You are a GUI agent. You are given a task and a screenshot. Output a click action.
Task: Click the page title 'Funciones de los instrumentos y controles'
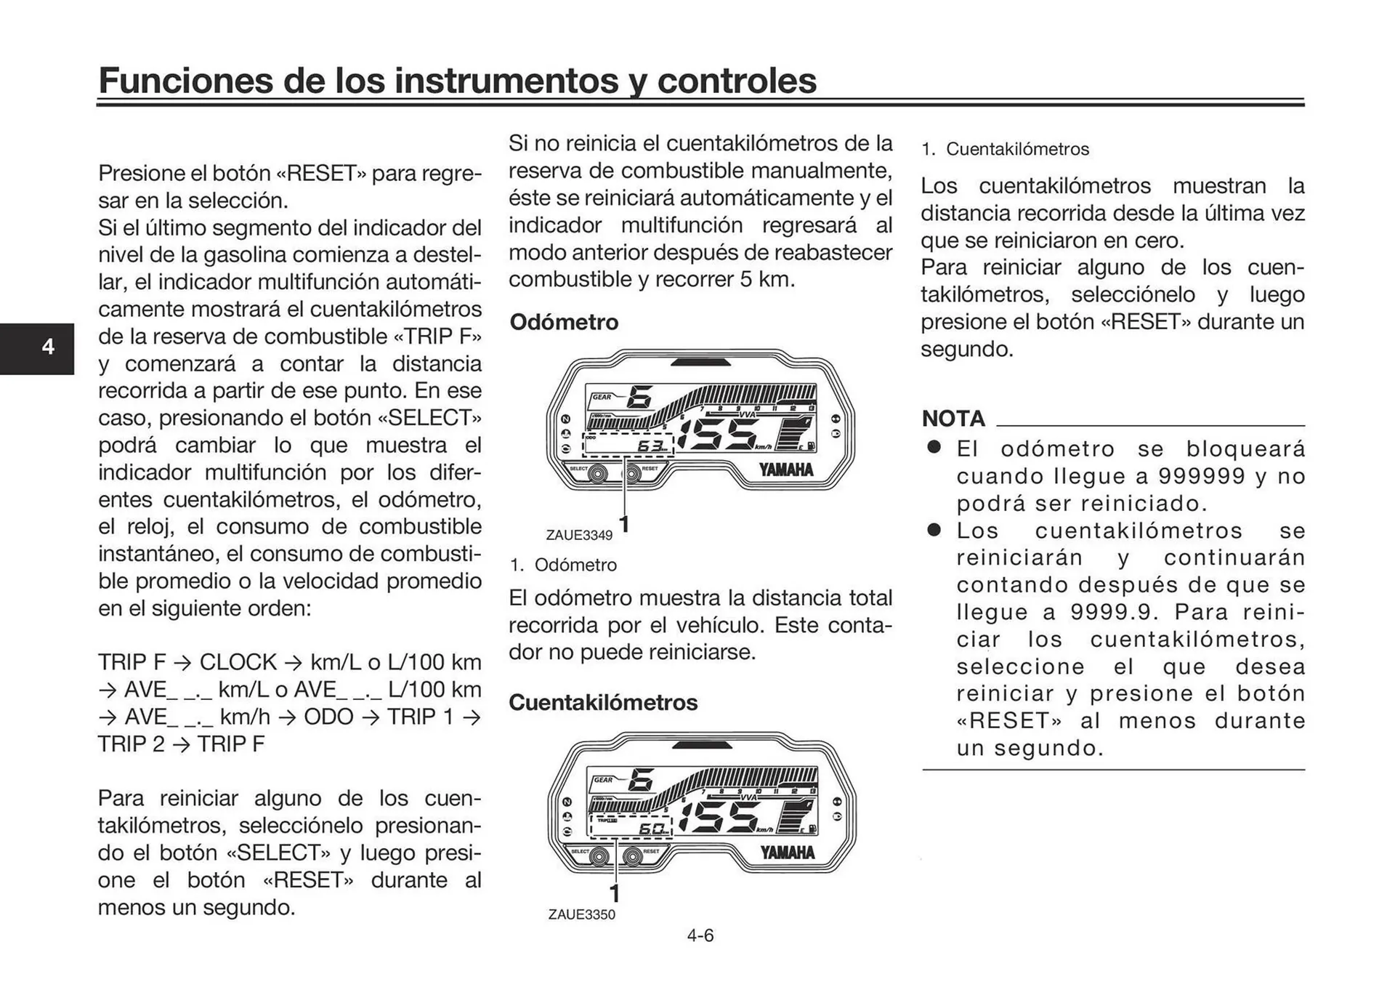click(x=457, y=80)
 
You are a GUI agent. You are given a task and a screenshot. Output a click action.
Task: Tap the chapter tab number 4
click(x=48, y=347)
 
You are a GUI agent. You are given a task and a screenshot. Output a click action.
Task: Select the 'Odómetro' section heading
click(x=564, y=322)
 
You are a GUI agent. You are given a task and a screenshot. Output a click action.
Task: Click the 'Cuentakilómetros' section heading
click(x=602, y=702)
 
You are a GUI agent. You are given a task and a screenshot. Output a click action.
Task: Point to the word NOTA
click(x=953, y=419)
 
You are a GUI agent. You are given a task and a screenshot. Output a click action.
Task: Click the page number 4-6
click(x=700, y=935)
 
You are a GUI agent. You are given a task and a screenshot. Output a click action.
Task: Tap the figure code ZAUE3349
click(x=579, y=535)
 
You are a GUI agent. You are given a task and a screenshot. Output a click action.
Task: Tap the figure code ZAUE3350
click(x=581, y=914)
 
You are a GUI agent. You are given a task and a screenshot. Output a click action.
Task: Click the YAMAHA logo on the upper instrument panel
click(x=786, y=470)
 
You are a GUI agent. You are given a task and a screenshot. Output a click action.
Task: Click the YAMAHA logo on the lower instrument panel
click(x=787, y=852)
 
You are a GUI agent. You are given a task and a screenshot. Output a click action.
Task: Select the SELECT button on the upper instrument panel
click(x=598, y=475)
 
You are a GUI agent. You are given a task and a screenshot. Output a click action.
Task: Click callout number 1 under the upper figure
click(x=623, y=523)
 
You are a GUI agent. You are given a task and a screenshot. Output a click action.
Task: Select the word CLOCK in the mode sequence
click(x=238, y=662)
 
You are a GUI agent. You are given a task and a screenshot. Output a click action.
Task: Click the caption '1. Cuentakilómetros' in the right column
click(x=1006, y=150)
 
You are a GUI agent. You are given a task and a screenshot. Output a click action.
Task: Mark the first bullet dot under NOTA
click(x=934, y=448)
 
